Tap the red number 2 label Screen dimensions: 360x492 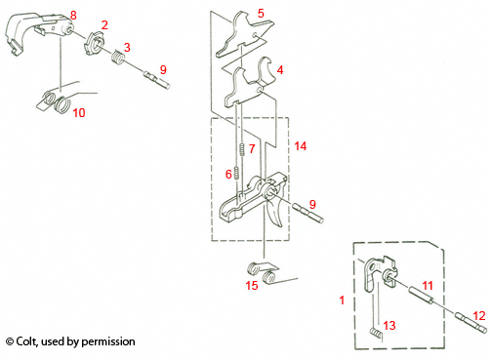click(104, 23)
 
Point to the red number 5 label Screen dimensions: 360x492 click(260, 14)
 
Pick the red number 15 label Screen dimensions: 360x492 click(252, 286)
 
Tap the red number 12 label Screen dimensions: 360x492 click(477, 314)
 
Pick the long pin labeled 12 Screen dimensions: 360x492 click(469, 324)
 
